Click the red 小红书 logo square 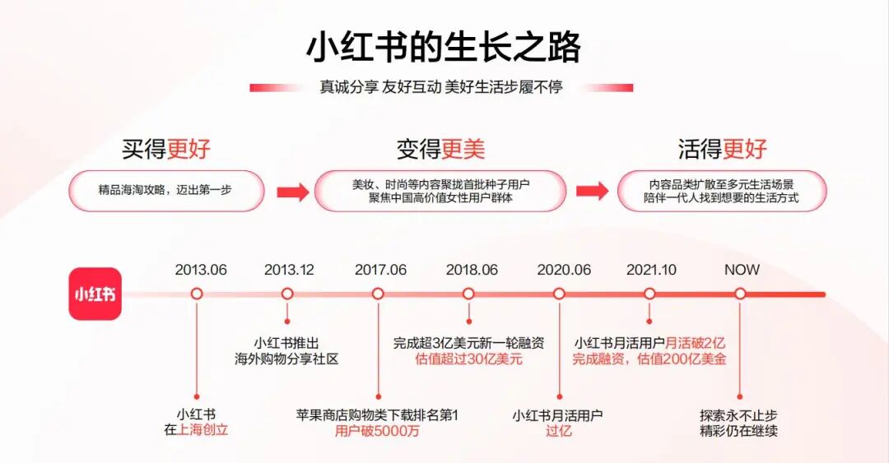click(x=95, y=294)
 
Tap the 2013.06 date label click(x=201, y=270)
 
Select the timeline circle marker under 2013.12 click(x=287, y=294)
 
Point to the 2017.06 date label click(x=380, y=270)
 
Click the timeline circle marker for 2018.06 click(x=468, y=294)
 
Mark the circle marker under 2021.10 click(x=649, y=294)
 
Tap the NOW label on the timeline click(x=742, y=270)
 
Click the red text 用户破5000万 click(x=377, y=431)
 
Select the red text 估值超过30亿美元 click(x=468, y=359)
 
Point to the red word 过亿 click(x=558, y=431)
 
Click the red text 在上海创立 click(x=196, y=430)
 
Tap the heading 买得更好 click(x=166, y=149)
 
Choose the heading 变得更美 click(x=440, y=149)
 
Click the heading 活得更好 click(x=722, y=149)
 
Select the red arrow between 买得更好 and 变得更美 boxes click(x=292, y=192)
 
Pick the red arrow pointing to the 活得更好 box click(x=591, y=192)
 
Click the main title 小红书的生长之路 click(x=444, y=48)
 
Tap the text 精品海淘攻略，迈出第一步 click(x=165, y=190)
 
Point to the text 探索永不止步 click(x=739, y=415)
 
